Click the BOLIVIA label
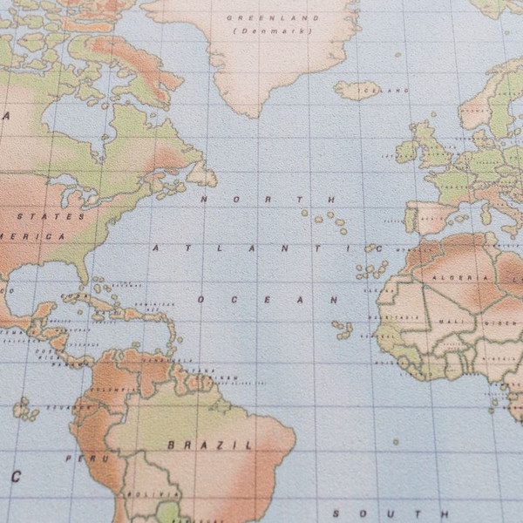139,495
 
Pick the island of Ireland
406,151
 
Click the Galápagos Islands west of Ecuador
21,407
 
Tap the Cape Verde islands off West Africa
342,329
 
